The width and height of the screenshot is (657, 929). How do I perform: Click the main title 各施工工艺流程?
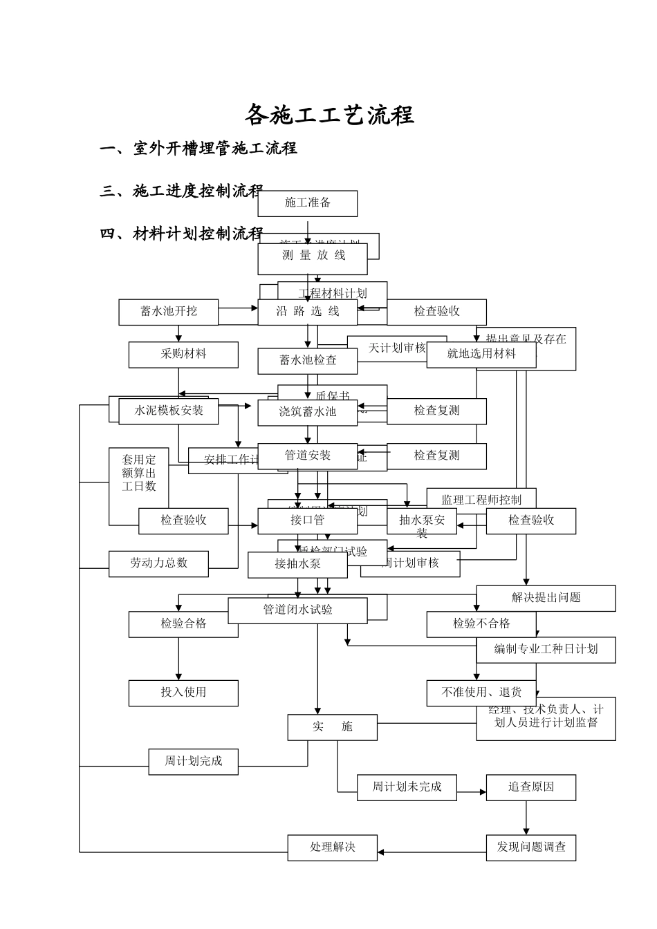(x=329, y=115)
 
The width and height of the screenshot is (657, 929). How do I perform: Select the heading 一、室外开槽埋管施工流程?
(x=198, y=148)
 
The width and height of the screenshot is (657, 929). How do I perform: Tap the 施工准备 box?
(x=308, y=203)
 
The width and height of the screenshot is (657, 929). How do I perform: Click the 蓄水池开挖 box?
(x=169, y=312)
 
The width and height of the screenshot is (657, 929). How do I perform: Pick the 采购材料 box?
(x=183, y=355)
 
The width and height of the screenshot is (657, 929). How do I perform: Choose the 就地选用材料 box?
(x=481, y=355)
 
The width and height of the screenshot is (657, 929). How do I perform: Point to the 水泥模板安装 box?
(x=169, y=411)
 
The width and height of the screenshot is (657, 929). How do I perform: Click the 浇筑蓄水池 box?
(x=308, y=412)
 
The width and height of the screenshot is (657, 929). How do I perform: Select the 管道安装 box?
(x=308, y=456)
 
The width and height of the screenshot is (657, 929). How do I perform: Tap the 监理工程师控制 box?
(x=481, y=499)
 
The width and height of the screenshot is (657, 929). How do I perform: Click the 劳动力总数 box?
(x=158, y=563)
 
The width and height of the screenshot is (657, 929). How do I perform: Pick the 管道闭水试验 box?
(x=297, y=610)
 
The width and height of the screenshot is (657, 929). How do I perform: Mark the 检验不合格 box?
(x=481, y=624)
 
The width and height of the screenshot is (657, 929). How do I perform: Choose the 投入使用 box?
(x=183, y=693)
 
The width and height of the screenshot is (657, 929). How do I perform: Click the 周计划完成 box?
(x=194, y=762)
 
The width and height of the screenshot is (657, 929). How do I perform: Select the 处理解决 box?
(x=333, y=847)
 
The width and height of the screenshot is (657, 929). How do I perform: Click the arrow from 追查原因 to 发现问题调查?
(x=526, y=818)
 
